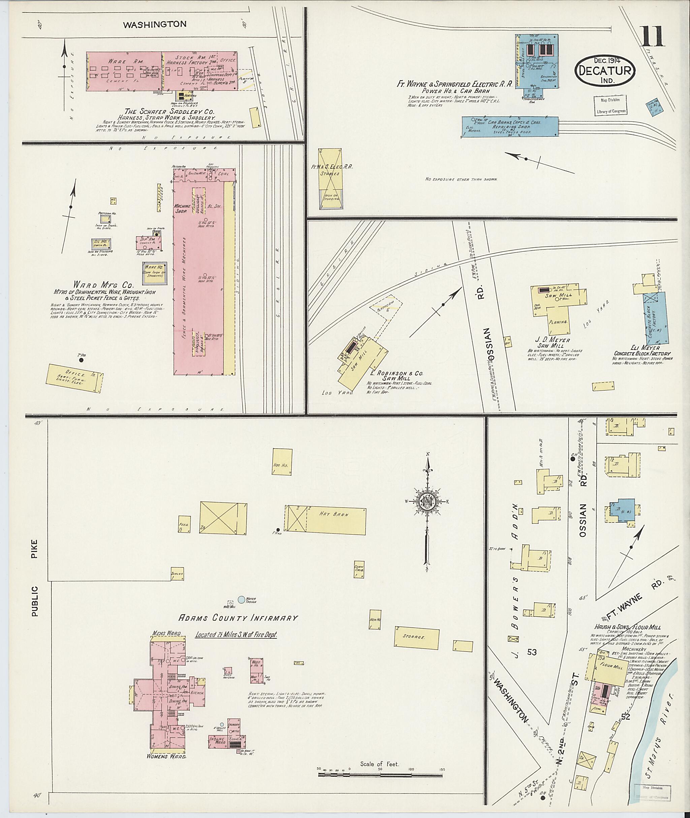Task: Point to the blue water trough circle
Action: [241, 610]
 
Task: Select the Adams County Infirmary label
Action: [238, 629]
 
